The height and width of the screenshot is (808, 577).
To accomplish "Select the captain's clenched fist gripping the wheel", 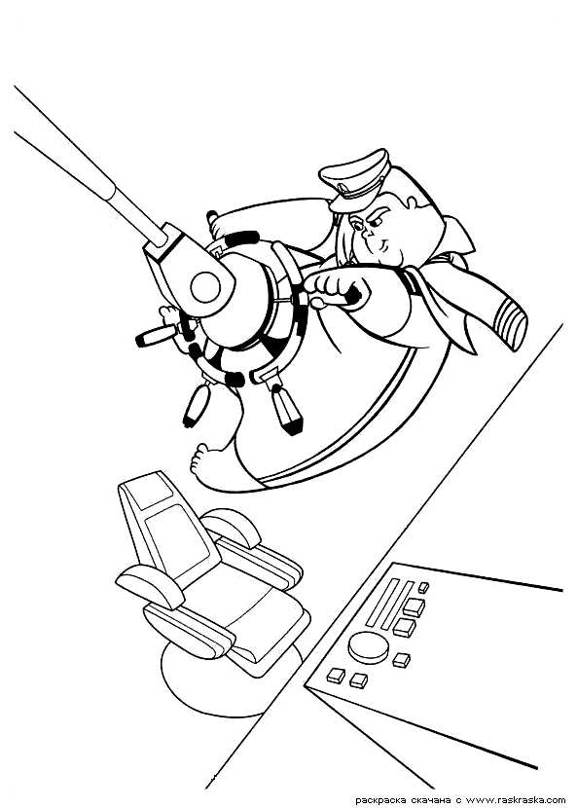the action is click(x=336, y=289).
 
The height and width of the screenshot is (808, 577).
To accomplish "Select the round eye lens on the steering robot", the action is click(x=205, y=287).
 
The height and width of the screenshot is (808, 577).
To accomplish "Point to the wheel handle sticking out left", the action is click(x=156, y=335).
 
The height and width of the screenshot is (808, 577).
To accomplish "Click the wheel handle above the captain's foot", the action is click(x=195, y=406).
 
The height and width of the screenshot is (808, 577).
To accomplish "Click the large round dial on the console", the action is click(x=368, y=647).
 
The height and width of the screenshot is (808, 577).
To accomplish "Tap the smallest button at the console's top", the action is click(x=423, y=587).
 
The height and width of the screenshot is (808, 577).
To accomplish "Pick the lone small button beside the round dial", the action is click(x=401, y=660).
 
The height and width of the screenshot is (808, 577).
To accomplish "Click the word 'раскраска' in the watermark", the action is click(x=380, y=801).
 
